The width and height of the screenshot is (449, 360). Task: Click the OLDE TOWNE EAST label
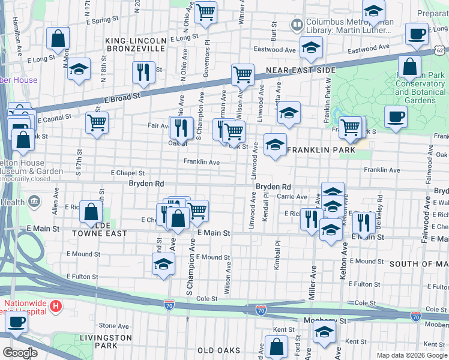click(100, 233)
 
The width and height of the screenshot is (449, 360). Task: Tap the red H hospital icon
click(56, 307)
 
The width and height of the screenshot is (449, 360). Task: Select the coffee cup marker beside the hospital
click(17, 321)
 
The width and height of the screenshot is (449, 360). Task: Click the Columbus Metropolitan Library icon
click(297, 25)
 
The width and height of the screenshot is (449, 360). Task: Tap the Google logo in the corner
click(20, 352)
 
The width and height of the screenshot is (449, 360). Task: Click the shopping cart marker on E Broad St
click(243, 75)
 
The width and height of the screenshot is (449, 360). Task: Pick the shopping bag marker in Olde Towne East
click(91, 211)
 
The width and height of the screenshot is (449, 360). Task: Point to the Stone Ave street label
click(110, 326)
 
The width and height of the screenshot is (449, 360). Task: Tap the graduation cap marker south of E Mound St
click(163, 263)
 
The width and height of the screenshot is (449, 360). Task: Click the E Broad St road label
click(121, 96)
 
